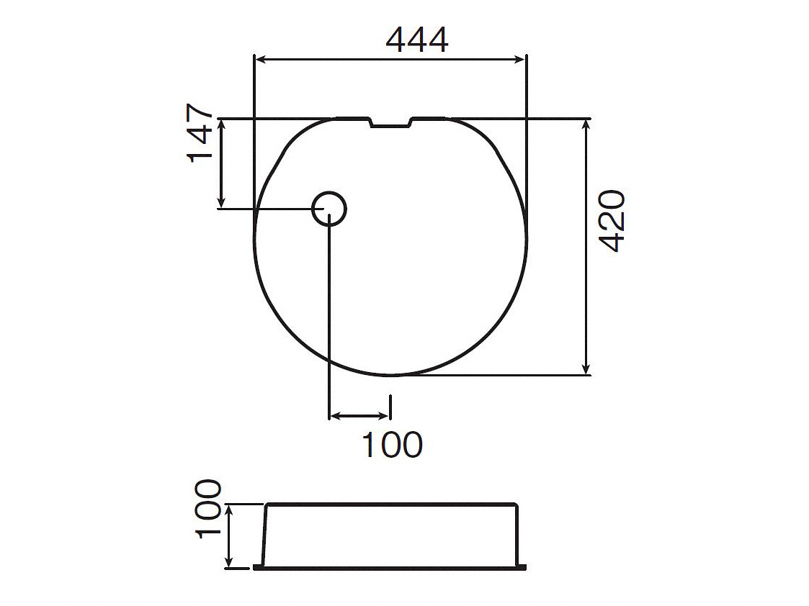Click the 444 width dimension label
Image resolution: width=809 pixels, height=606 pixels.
coord(417,40)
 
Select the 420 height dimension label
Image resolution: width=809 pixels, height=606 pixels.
coord(613,221)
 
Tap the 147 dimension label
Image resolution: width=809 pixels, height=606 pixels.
coord(200,133)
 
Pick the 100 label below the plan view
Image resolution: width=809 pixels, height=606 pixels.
coord(393,445)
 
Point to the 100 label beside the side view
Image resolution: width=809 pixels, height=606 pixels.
coord(208,509)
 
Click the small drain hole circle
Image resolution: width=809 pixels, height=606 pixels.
coord(329,209)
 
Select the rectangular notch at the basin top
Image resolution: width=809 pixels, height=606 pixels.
coord(390,122)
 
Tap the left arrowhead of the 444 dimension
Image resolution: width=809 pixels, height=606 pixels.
coord(261,60)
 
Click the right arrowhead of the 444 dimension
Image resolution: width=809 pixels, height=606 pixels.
coord(519,60)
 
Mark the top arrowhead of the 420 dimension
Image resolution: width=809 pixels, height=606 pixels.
coord(586,125)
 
